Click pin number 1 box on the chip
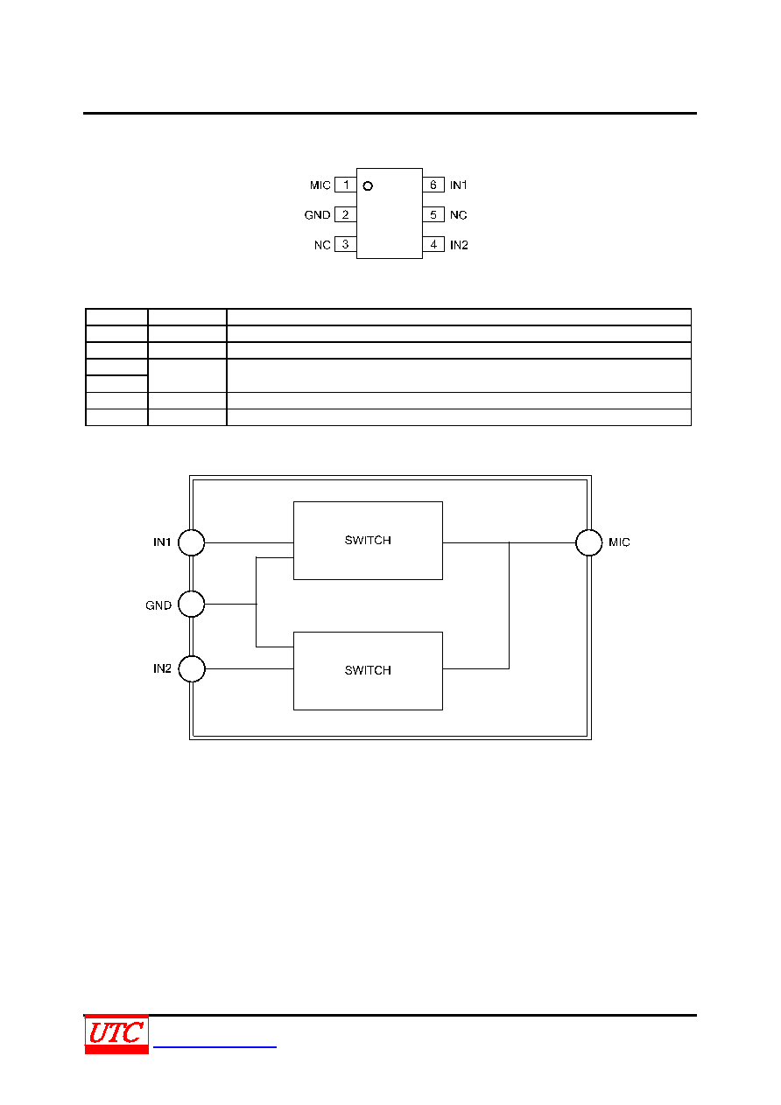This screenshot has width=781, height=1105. [346, 185]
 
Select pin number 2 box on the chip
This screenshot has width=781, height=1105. [346, 214]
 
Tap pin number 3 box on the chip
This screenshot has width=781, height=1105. [346, 244]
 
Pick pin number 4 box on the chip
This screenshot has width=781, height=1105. [433, 244]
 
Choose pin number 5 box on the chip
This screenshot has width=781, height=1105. [433, 214]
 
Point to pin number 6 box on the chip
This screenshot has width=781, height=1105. [433, 185]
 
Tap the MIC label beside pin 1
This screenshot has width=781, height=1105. [320, 185]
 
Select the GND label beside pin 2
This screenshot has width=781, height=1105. [317, 215]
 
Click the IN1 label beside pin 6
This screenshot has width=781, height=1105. [459, 185]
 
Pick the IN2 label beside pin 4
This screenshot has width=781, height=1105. [459, 245]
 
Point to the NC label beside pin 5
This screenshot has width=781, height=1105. [459, 215]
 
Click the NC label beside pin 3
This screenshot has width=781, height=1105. [322, 245]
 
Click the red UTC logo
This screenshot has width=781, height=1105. [116, 1034]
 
